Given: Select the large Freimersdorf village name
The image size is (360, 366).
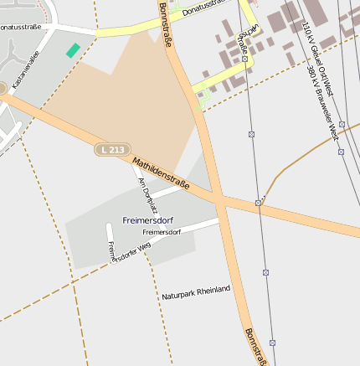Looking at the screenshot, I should [147, 220].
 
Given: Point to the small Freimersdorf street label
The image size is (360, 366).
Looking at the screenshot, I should [162, 232].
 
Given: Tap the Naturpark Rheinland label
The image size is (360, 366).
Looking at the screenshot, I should [196, 292].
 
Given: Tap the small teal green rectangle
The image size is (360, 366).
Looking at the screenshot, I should [73, 50].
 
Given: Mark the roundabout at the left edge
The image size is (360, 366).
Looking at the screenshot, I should [2, 88].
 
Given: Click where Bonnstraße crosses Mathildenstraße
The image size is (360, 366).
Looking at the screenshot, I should [217, 198].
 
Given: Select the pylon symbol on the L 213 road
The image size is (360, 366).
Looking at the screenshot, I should [259, 203].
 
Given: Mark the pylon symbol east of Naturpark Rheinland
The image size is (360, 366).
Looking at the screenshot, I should [265, 272].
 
